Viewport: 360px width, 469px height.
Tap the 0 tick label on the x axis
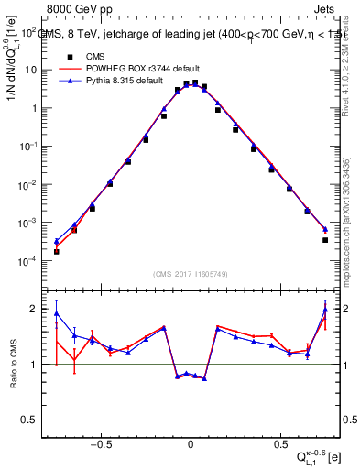click(191, 441)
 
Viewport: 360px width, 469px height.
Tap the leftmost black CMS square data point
click(57, 251)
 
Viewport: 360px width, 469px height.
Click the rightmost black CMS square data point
click(325, 240)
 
